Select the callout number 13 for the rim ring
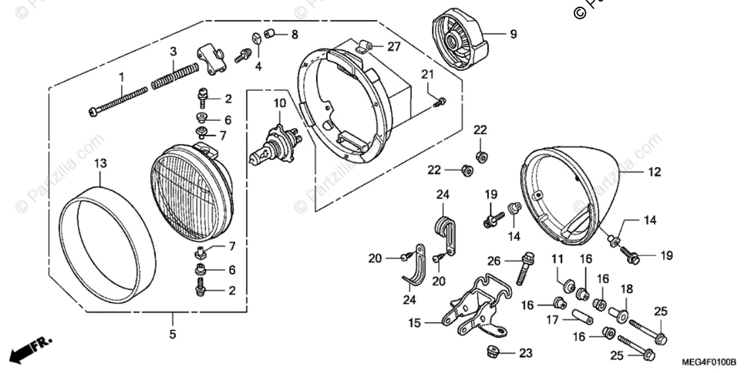(100, 163)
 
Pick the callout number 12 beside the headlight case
(655, 172)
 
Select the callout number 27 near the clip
(394, 47)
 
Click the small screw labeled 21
(441, 100)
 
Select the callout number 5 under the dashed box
(172, 335)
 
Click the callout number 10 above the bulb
(279, 102)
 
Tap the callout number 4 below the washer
(258, 66)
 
